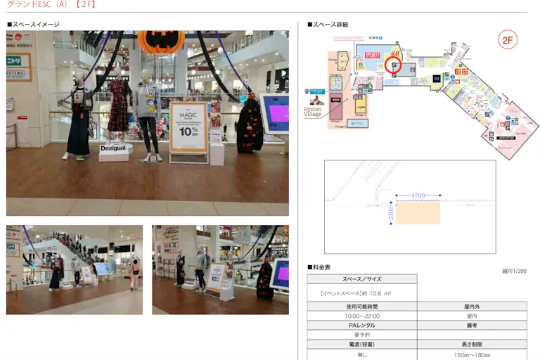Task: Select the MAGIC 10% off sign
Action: (188, 127)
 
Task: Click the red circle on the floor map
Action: (394, 66)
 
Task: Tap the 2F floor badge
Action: (508, 40)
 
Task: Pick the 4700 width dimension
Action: (418, 195)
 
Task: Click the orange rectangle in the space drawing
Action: (418, 213)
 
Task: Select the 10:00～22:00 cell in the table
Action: (361, 316)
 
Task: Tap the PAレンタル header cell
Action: (361, 326)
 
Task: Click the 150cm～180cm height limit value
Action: (472, 355)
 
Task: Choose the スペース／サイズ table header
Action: (361, 279)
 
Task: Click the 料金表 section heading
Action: (320, 267)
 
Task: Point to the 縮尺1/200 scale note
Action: (514, 271)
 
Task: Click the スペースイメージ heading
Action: (35, 25)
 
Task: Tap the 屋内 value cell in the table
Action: (472, 316)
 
